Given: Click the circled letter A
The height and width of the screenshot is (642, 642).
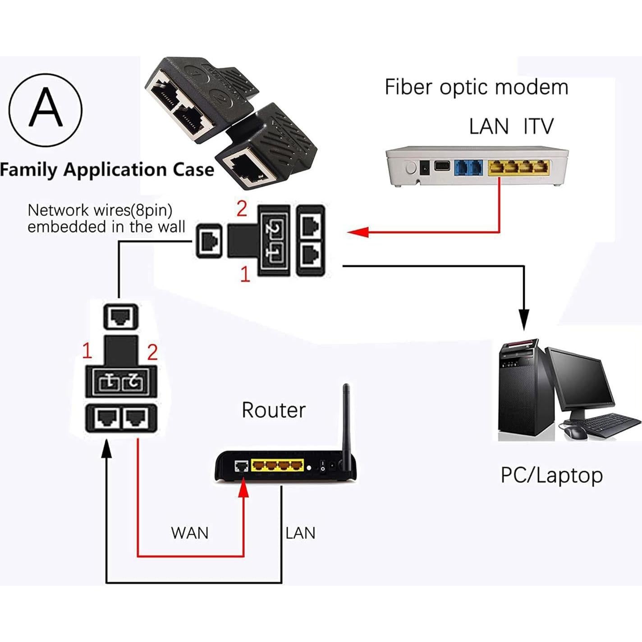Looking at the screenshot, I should tap(46, 110).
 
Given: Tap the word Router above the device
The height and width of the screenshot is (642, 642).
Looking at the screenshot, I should tap(273, 410).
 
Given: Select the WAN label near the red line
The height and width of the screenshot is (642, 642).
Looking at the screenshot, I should tap(190, 533).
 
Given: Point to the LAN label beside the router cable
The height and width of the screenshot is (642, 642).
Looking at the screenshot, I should tap(300, 533).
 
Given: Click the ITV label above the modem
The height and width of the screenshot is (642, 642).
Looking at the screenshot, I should tap(538, 126).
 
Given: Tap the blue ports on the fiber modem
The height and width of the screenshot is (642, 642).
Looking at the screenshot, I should tap(469, 167).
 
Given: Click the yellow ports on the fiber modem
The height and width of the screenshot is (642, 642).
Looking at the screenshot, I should tap(518, 167).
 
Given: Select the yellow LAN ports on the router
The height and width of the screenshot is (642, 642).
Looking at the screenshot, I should tap(277, 465).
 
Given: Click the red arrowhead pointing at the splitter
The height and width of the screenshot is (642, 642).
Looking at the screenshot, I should tap(358, 232).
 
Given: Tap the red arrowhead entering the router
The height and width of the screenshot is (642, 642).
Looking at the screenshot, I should tap(243, 489).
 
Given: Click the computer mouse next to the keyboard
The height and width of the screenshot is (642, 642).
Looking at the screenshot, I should tap(575, 432).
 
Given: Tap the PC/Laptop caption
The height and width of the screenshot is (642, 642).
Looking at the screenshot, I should tap(551, 475).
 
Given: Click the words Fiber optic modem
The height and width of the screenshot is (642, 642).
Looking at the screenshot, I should tap(476, 87).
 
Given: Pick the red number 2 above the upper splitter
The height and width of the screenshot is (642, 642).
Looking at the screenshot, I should tap(242, 209).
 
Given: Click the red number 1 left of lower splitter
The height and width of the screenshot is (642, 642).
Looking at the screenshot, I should tap(87, 351).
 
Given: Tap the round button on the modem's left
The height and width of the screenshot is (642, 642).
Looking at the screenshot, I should tap(411, 168).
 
